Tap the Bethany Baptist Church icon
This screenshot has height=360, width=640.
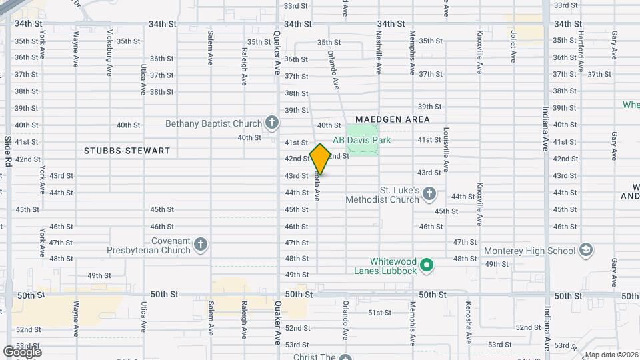coord(271,122)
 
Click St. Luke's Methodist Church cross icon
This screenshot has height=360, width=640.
coord(429,194)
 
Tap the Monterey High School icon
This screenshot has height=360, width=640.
coord(586,250)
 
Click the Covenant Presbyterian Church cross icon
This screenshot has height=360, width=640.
coord(201,245)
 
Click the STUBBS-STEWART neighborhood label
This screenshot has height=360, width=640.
coord(127,151)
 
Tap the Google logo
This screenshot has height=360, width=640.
coord(22,351)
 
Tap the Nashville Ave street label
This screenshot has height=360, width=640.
coord(378,53)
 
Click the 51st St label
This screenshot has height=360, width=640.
coord(379,312)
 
